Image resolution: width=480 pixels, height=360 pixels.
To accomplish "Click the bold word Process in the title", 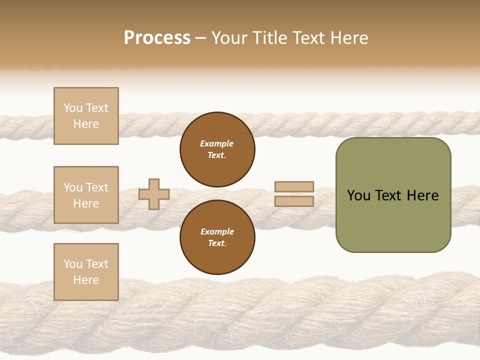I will [x=157, y=38].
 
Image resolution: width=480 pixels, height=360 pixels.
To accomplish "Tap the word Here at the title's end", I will [x=348, y=38].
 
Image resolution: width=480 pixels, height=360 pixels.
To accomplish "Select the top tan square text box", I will [x=86, y=116].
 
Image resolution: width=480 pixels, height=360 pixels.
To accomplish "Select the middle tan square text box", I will [x=86, y=195].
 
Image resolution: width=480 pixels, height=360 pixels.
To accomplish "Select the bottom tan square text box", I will [x=86, y=272].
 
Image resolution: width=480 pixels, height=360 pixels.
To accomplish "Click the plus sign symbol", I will [x=154, y=194].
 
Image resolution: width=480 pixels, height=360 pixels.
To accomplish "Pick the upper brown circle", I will [x=217, y=149].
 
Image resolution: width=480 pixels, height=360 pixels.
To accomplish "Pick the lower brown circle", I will [x=217, y=237].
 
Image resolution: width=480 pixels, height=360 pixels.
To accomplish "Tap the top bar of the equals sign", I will [x=294, y=187].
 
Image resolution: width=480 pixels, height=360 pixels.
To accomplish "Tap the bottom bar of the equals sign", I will [x=294, y=201].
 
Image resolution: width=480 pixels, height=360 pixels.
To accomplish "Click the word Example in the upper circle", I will [x=217, y=144].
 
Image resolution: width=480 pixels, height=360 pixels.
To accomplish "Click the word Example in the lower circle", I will [x=217, y=232].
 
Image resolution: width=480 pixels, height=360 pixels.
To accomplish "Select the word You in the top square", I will [x=73, y=108].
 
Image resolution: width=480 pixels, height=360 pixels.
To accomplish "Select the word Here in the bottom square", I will [x=86, y=280].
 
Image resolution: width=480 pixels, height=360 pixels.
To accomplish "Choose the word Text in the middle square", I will [x=96, y=187].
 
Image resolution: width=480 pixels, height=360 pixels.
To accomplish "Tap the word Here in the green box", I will [x=423, y=195].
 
